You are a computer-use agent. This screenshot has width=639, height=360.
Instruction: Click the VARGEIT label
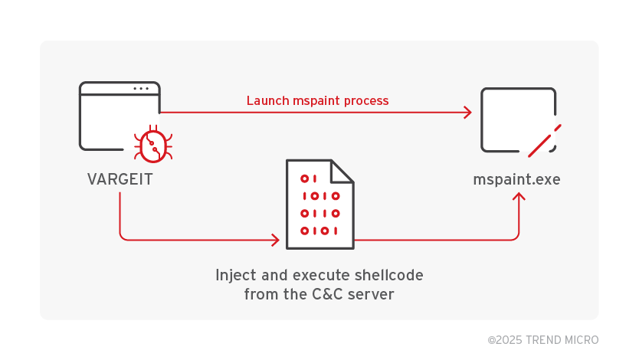pos(120,179)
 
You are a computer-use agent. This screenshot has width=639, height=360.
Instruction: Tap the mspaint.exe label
pos(516,180)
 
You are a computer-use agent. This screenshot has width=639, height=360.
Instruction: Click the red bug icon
pos(152,145)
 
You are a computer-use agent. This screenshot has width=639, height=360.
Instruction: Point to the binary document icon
pos(319,204)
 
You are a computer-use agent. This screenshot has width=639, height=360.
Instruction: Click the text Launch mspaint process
pos(317,100)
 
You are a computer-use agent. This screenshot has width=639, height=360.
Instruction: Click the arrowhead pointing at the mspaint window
pos(467,113)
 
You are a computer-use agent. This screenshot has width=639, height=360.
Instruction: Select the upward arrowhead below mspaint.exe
pos(519,198)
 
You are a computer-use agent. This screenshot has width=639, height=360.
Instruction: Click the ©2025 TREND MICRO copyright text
pos(542,339)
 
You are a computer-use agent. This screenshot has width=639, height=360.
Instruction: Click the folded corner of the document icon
pos(342,171)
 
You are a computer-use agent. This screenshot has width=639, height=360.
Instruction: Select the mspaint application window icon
pos(517,119)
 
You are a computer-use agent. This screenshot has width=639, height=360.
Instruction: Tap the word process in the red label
pos(366,100)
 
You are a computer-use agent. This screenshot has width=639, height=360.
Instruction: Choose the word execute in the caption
pos(314,275)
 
